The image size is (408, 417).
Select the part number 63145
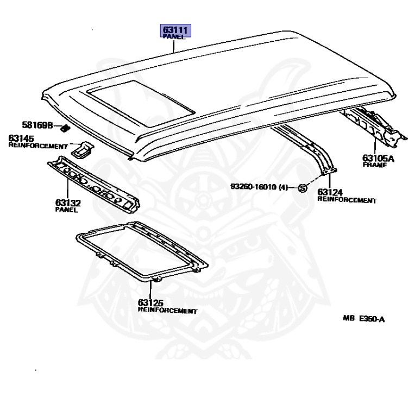click(x=21, y=138)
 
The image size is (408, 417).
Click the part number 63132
click(x=67, y=203)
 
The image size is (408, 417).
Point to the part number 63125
click(x=150, y=303)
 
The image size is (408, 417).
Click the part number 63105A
click(x=376, y=158)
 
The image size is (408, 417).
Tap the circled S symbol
click(x=303, y=188)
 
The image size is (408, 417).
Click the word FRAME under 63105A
click(x=375, y=165)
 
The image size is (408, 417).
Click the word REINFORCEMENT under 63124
click(x=347, y=200)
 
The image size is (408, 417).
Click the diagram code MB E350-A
click(x=363, y=319)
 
